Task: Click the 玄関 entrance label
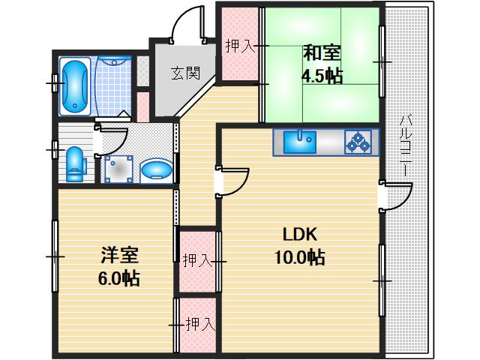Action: click(184, 73)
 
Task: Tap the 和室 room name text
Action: click(322, 53)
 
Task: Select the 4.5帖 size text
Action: click(322, 76)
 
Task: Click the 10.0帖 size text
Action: click(298, 258)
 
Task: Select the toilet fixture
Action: click(76, 164)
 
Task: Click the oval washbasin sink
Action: click(156, 169)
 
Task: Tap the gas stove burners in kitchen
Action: click(358, 141)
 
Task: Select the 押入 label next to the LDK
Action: click(197, 260)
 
